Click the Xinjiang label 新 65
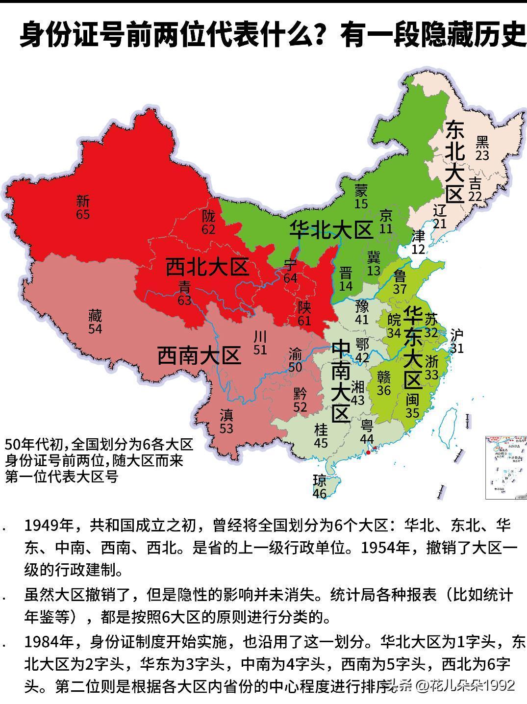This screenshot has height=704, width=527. coord(83,207)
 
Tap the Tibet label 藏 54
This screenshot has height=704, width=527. coord(95,321)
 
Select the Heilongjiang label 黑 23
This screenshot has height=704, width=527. coord(482,148)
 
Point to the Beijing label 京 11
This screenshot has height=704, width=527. coord(386,222)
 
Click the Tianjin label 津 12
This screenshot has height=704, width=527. coord(418,242)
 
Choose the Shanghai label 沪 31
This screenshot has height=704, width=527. coord(456,341)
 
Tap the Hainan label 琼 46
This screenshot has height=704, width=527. coord(320,486)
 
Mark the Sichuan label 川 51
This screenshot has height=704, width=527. coord(260,342)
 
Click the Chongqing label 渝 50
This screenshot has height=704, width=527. coord(295,360)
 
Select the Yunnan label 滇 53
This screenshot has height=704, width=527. coord(226,422)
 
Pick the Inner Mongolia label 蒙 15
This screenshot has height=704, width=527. coord(361,197)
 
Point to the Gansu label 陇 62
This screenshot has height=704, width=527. coord(208,222)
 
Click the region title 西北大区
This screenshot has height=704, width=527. coord(206,268)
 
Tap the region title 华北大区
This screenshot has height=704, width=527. coord(331,230)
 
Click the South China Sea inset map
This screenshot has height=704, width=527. coord(505,467)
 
